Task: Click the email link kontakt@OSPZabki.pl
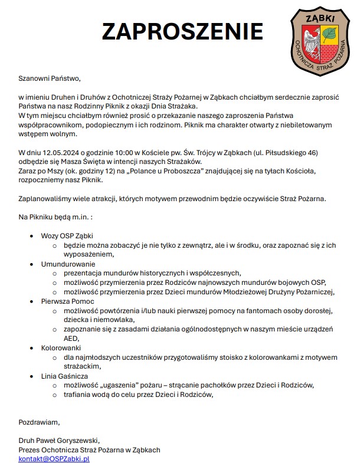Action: click(x=54, y=458)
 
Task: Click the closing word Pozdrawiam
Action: click(x=39, y=422)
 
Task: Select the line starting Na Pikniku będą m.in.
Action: click(x=55, y=218)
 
